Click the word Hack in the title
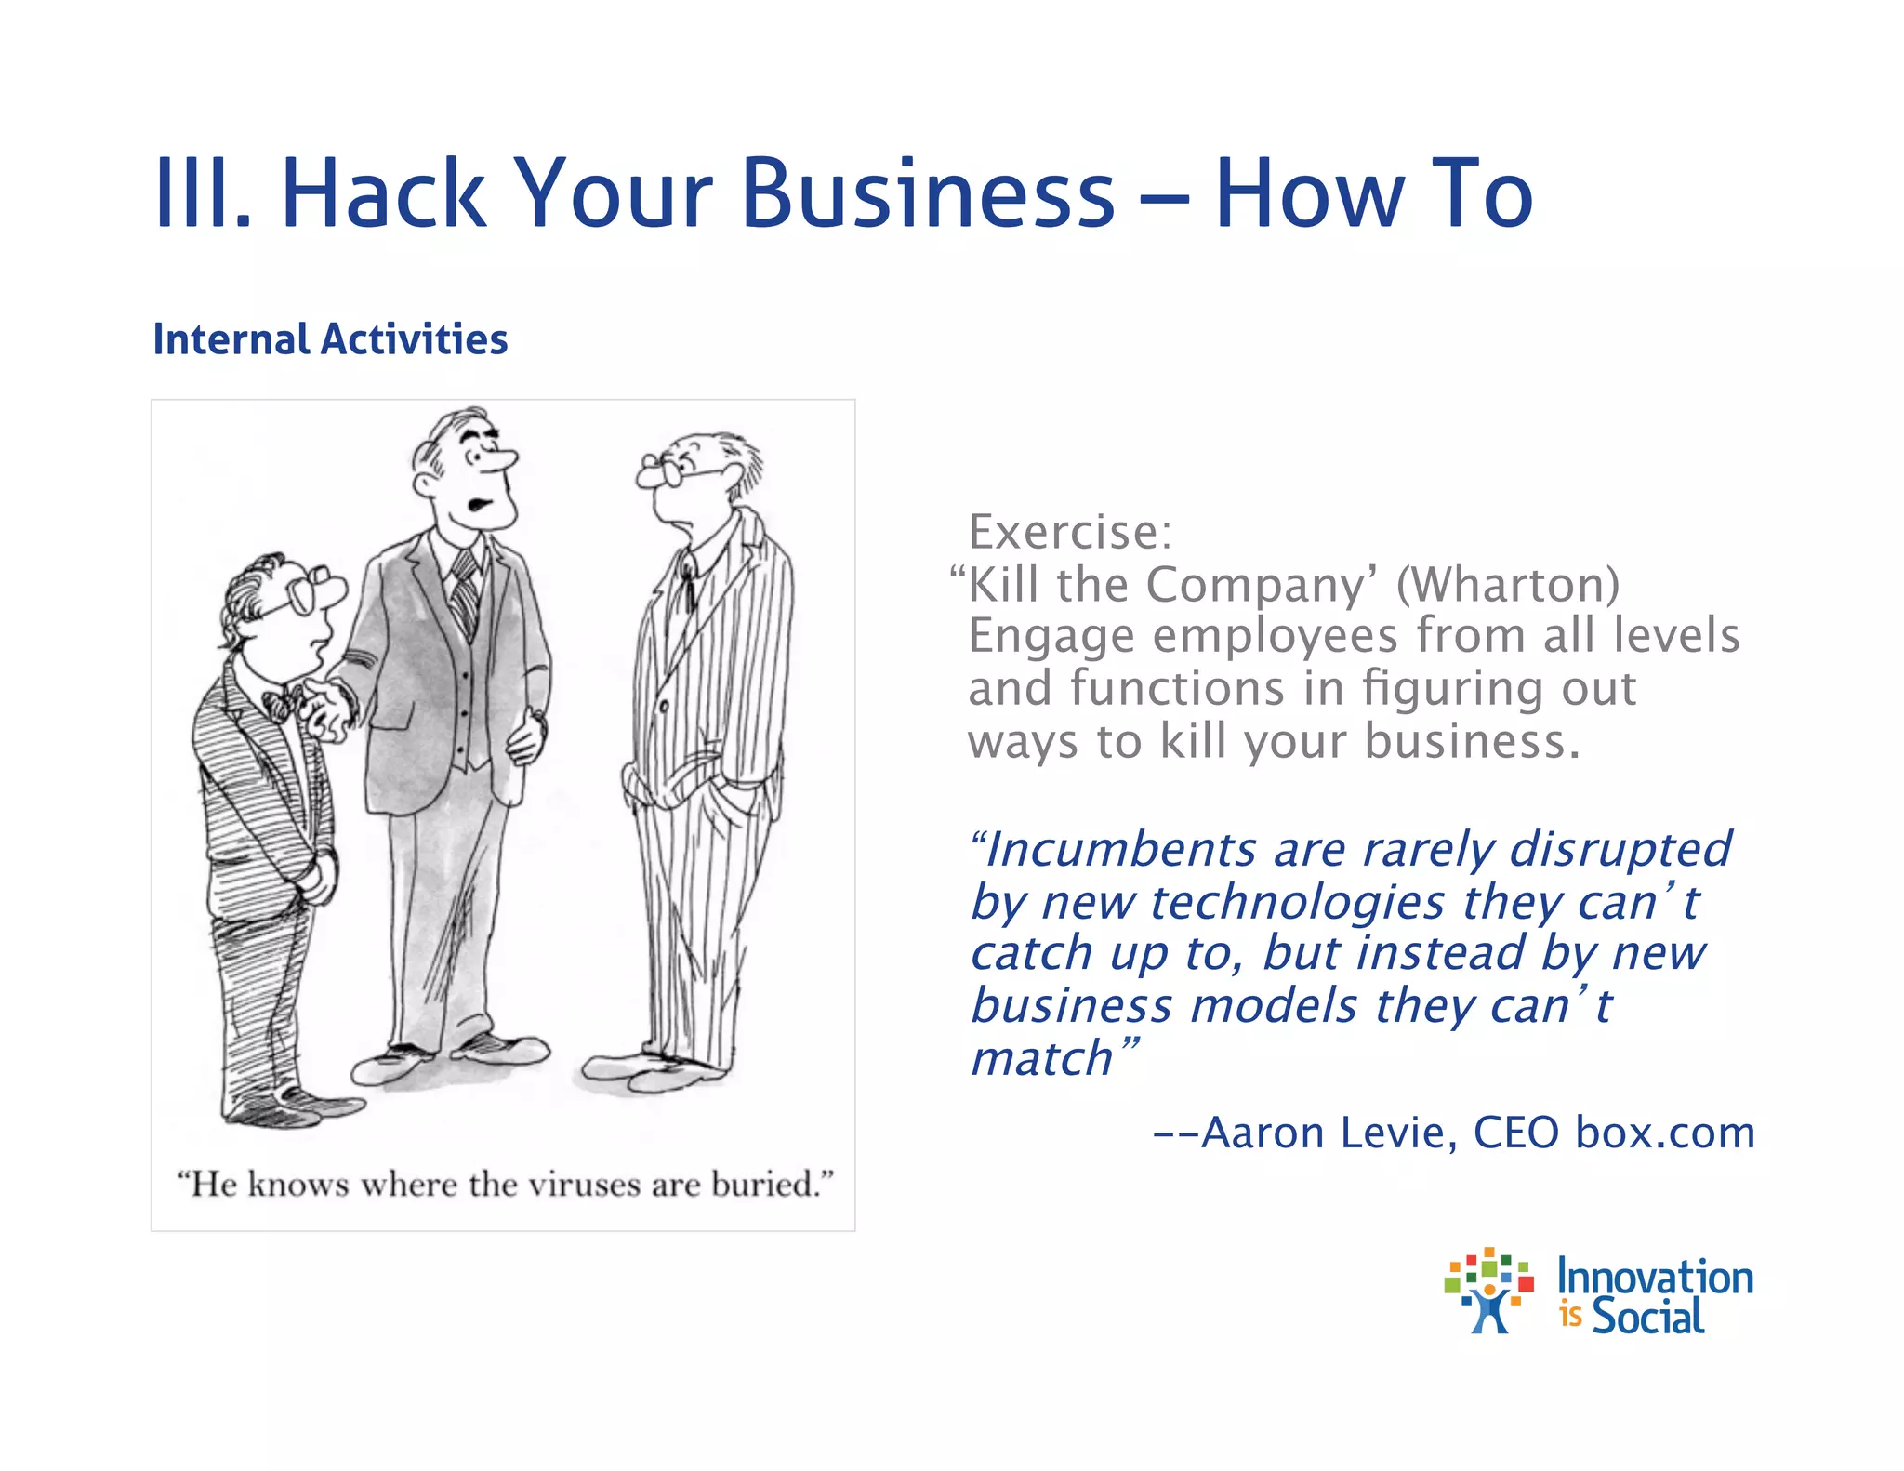point(383,193)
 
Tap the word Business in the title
point(928,193)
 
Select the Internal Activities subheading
point(330,339)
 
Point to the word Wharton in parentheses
point(1508,585)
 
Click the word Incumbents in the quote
point(1120,850)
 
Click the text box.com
point(1664,1133)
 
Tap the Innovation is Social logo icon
point(1488,1292)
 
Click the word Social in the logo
point(1647,1317)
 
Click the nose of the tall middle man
point(505,460)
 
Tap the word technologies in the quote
point(1298,903)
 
